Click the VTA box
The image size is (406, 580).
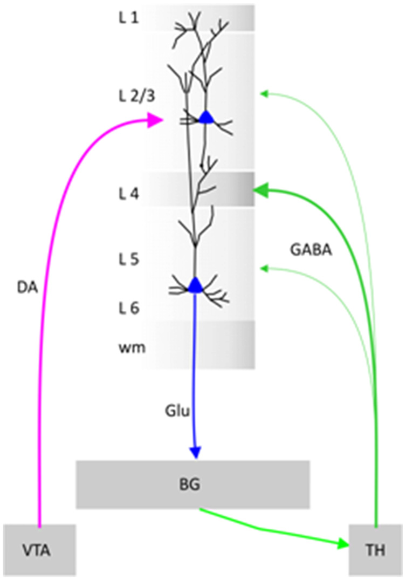39,550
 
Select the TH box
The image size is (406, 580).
375,550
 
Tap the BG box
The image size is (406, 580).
192,485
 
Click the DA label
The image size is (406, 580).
27,288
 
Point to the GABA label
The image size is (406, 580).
311,250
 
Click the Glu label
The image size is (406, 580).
177,411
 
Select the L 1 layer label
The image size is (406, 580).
129,17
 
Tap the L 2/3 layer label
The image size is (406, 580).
137,96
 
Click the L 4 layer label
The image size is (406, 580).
129,194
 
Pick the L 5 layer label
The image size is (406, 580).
129,259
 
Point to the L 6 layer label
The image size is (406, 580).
129,308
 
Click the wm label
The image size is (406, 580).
132,348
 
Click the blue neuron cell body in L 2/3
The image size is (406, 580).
207,118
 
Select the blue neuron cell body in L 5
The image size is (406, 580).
195,285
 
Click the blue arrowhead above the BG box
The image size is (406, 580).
195,453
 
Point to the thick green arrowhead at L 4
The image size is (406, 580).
260,190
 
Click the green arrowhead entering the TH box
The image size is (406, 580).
343,544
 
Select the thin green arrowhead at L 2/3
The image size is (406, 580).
264,93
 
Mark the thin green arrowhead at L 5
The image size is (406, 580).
264,268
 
